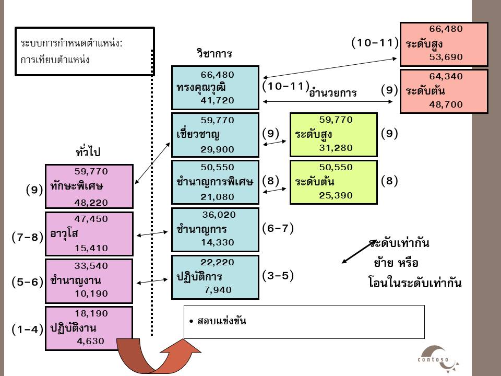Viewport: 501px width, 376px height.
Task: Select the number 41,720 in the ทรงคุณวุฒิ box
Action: [x=217, y=100]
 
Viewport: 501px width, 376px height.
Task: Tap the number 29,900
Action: [x=217, y=149]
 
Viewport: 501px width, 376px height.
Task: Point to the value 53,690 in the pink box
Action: [x=446, y=57]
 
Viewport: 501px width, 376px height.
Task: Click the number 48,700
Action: [x=446, y=104]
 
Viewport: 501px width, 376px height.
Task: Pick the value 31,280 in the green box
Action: [x=336, y=148]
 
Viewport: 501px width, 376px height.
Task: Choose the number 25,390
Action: [x=336, y=195]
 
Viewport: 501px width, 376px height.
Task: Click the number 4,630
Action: [x=90, y=341]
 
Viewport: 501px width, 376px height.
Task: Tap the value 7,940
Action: [x=218, y=290]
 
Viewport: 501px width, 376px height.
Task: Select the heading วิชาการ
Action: [x=214, y=53]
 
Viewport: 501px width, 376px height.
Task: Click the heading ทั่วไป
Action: [x=88, y=151]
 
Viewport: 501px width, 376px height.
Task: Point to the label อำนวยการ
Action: [x=332, y=93]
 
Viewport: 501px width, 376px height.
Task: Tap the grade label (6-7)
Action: [x=278, y=228]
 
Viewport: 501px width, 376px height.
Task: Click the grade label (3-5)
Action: [x=278, y=276]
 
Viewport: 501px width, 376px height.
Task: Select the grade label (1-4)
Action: [x=27, y=330]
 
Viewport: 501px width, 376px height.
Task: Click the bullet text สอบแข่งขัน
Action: [x=222, y=321]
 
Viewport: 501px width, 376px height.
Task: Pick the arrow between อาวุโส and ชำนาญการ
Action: [x=152, y=234]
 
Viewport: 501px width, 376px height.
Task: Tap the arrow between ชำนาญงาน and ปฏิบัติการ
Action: [x=152, y=281]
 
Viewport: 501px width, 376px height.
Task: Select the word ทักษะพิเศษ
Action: [x=77, y=186]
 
